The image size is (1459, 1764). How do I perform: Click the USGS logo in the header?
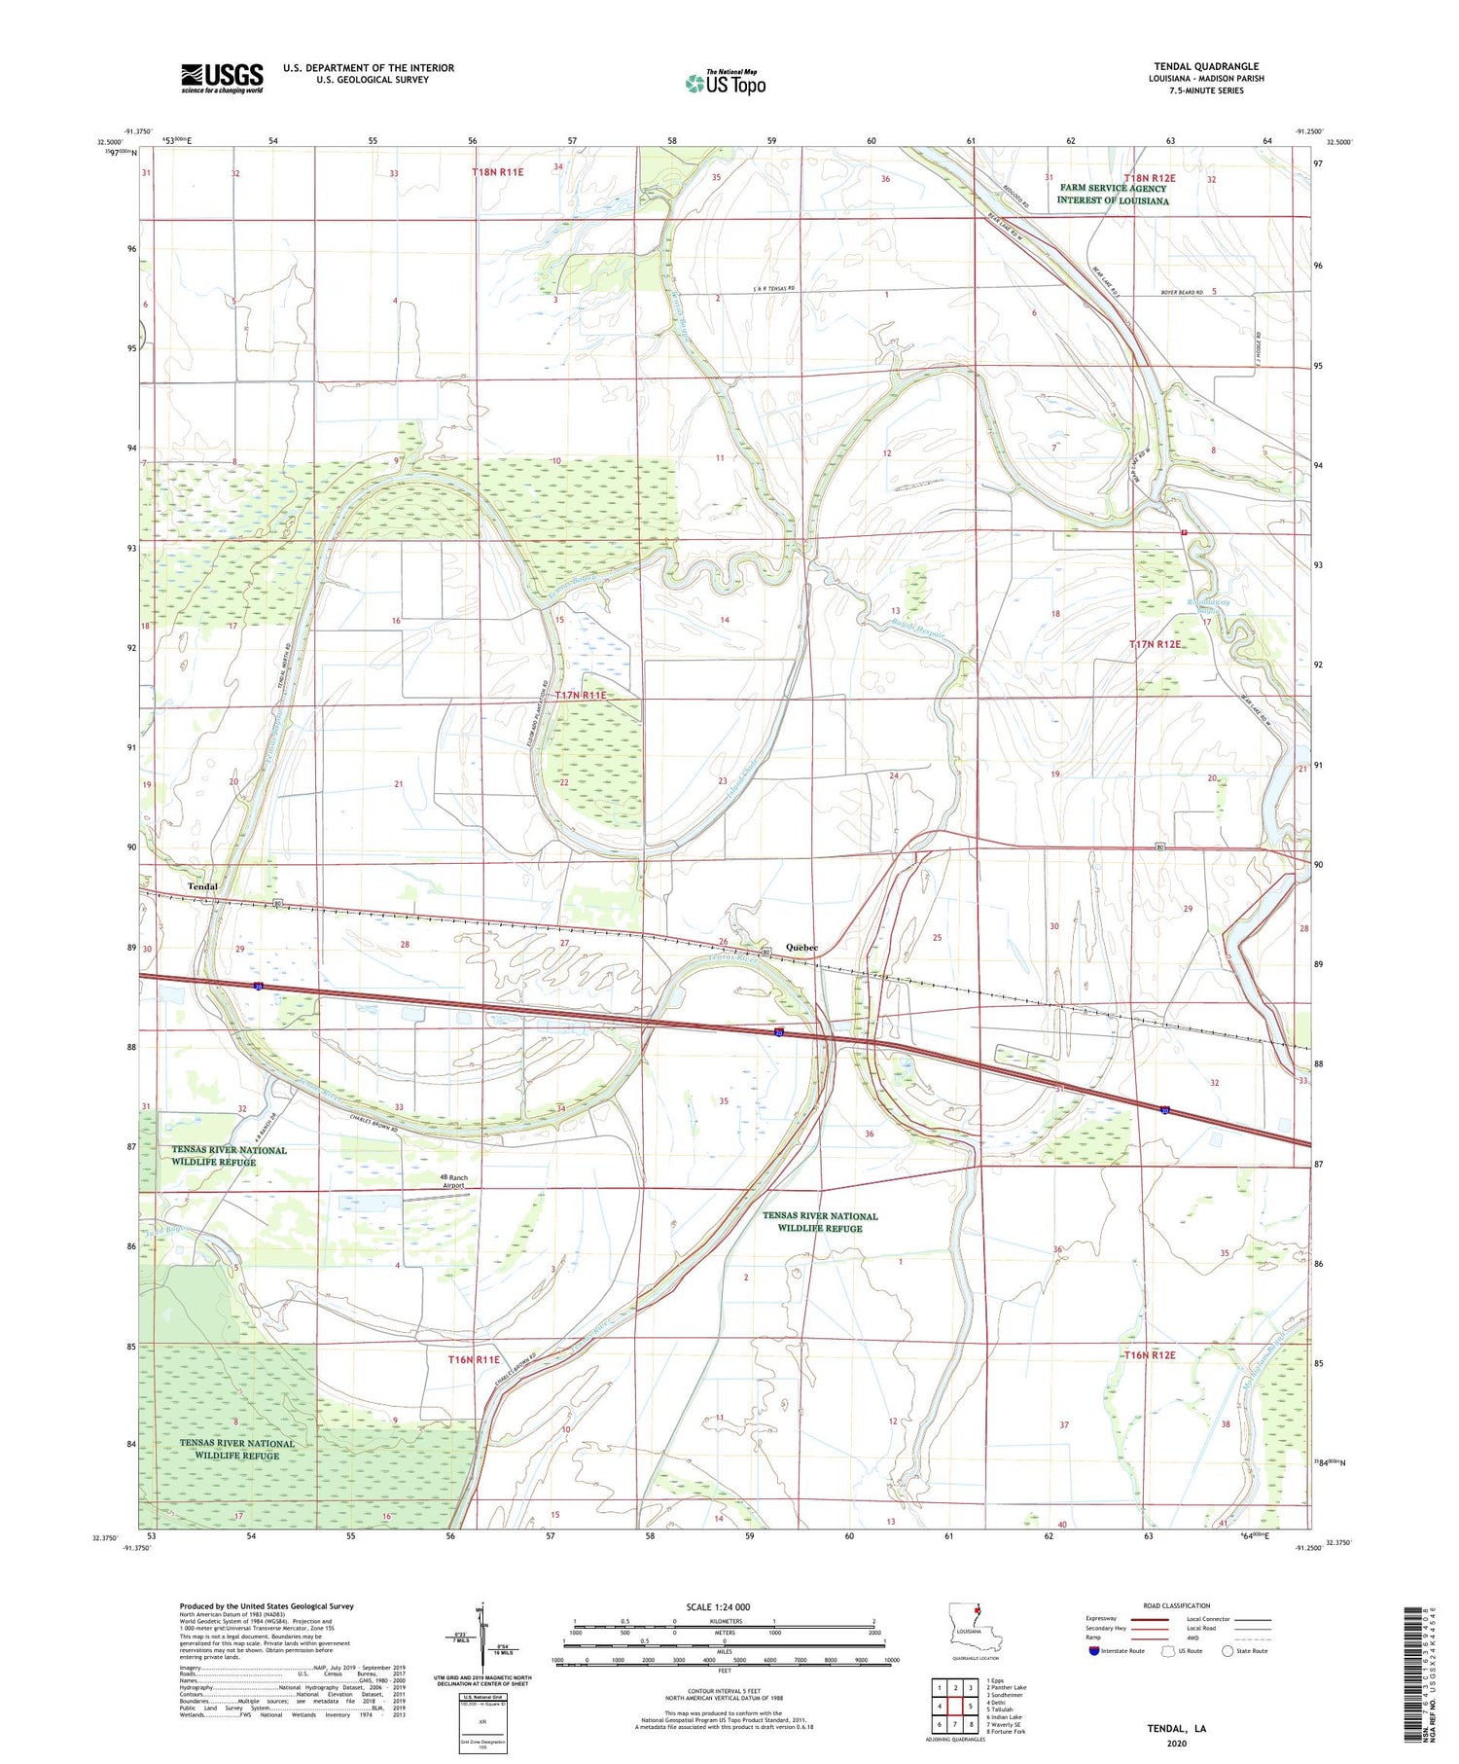coord(222,78)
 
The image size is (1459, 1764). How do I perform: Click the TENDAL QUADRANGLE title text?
coord(1206,67)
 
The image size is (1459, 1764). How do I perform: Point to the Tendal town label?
coord(202,886)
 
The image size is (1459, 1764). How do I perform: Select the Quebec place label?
coord(801,948)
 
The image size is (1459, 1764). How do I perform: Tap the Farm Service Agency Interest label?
coord(1113,194)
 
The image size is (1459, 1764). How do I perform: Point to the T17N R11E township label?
coord(581,695)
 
